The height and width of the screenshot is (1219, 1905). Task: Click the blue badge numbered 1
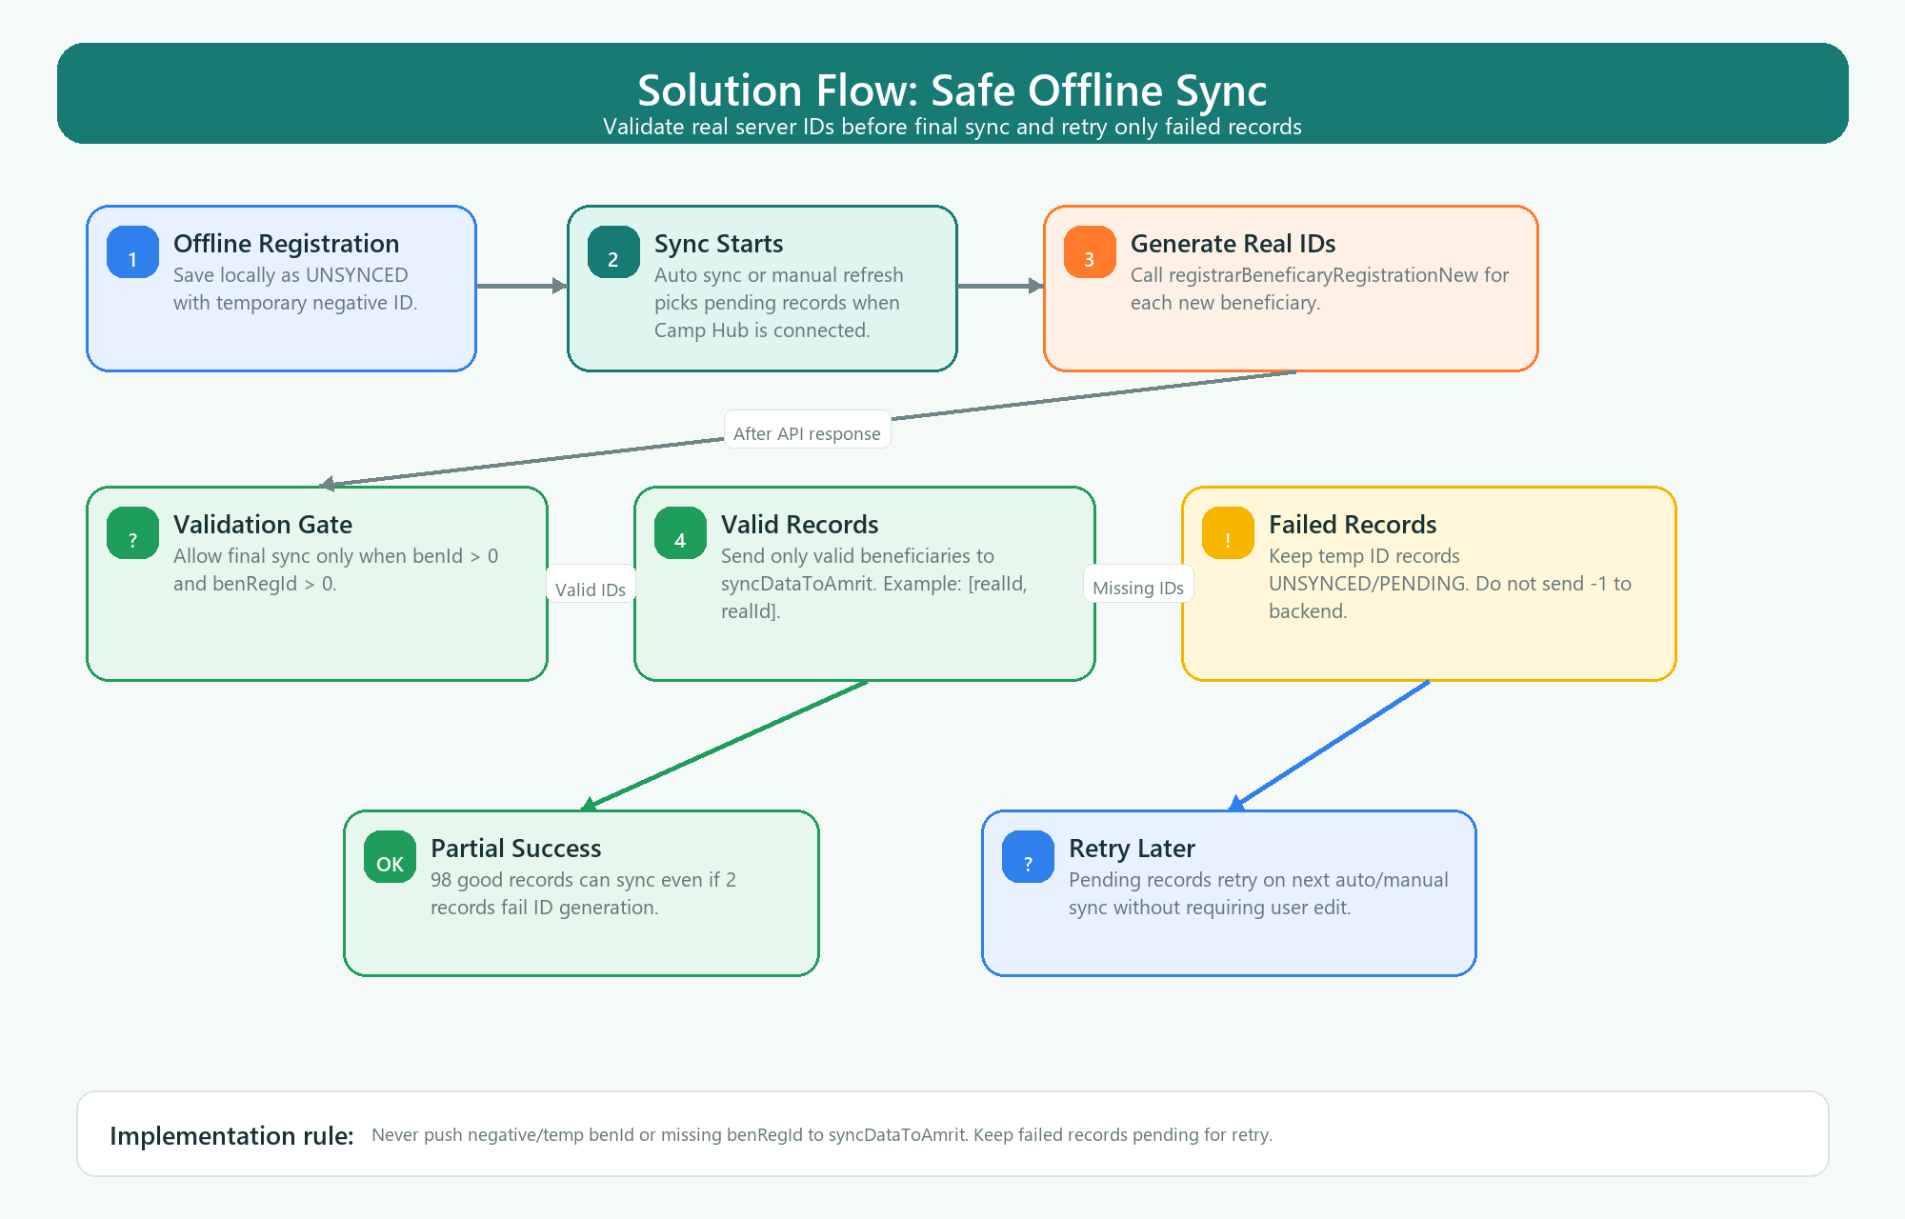(132, 252)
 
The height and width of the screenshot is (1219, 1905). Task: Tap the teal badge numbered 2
(613, 252)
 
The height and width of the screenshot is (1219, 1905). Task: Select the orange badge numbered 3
(1090, 252)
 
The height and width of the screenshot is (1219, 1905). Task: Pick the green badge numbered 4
(680, 533)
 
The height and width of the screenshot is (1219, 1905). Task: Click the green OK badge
(390, 857)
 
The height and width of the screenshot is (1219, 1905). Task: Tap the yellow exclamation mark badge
(1228, 533)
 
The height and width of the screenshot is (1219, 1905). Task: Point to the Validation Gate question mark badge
(132, 533)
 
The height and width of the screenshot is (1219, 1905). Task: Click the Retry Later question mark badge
(1028, 857)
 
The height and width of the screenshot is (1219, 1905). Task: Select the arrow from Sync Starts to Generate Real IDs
(1001, 286)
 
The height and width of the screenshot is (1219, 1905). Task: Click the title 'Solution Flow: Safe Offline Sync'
(952, 91)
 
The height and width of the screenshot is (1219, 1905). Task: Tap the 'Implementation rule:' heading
(231, 1135)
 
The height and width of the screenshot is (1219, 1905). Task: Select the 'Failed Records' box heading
(1353, 525)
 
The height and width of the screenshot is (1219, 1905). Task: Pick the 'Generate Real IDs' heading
(1233, 244)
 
